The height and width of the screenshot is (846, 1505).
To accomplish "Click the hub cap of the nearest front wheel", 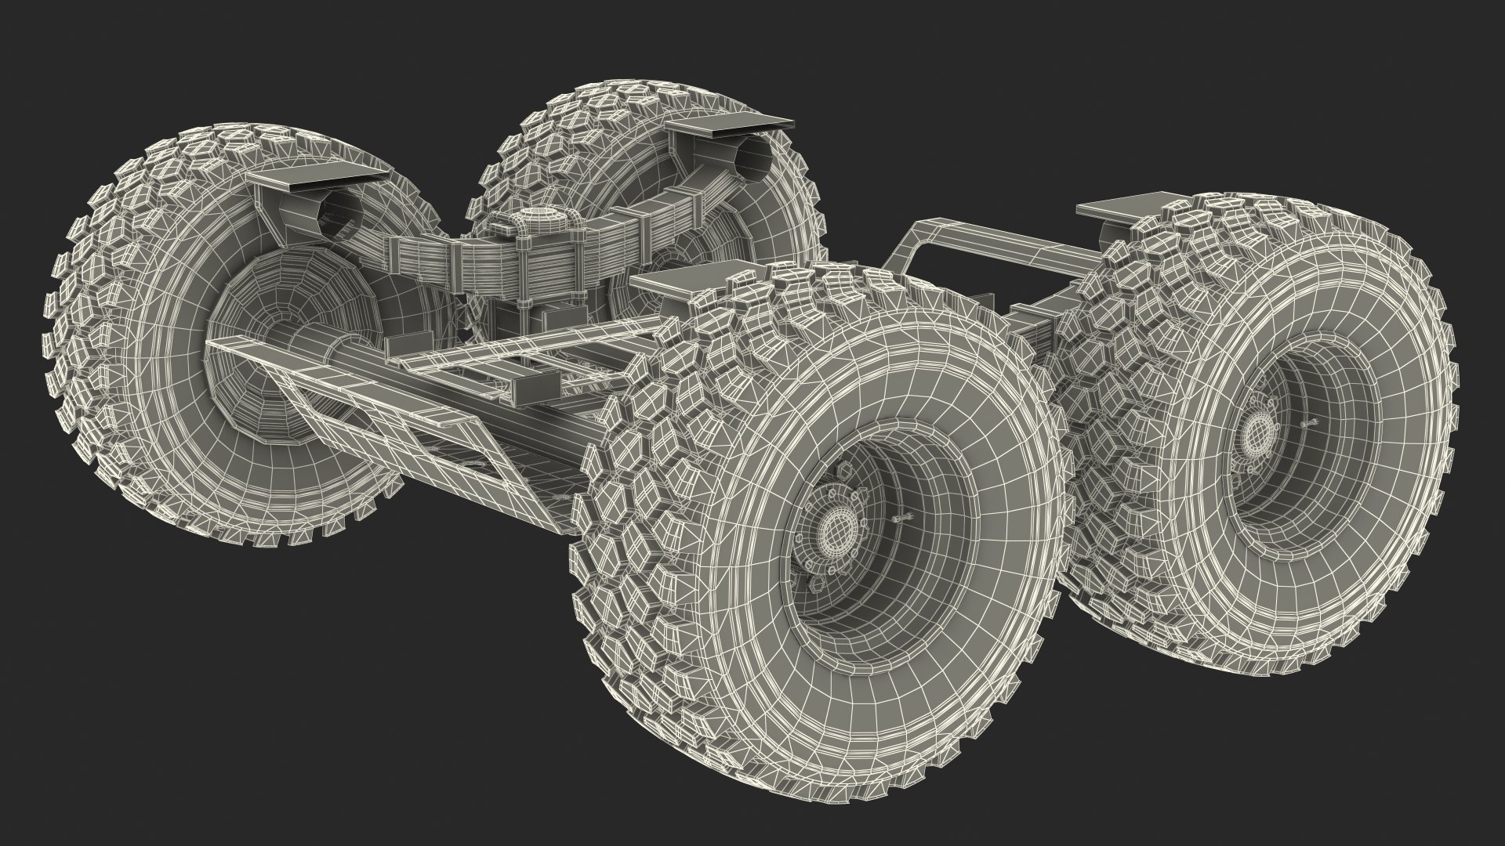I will [831, 533].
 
